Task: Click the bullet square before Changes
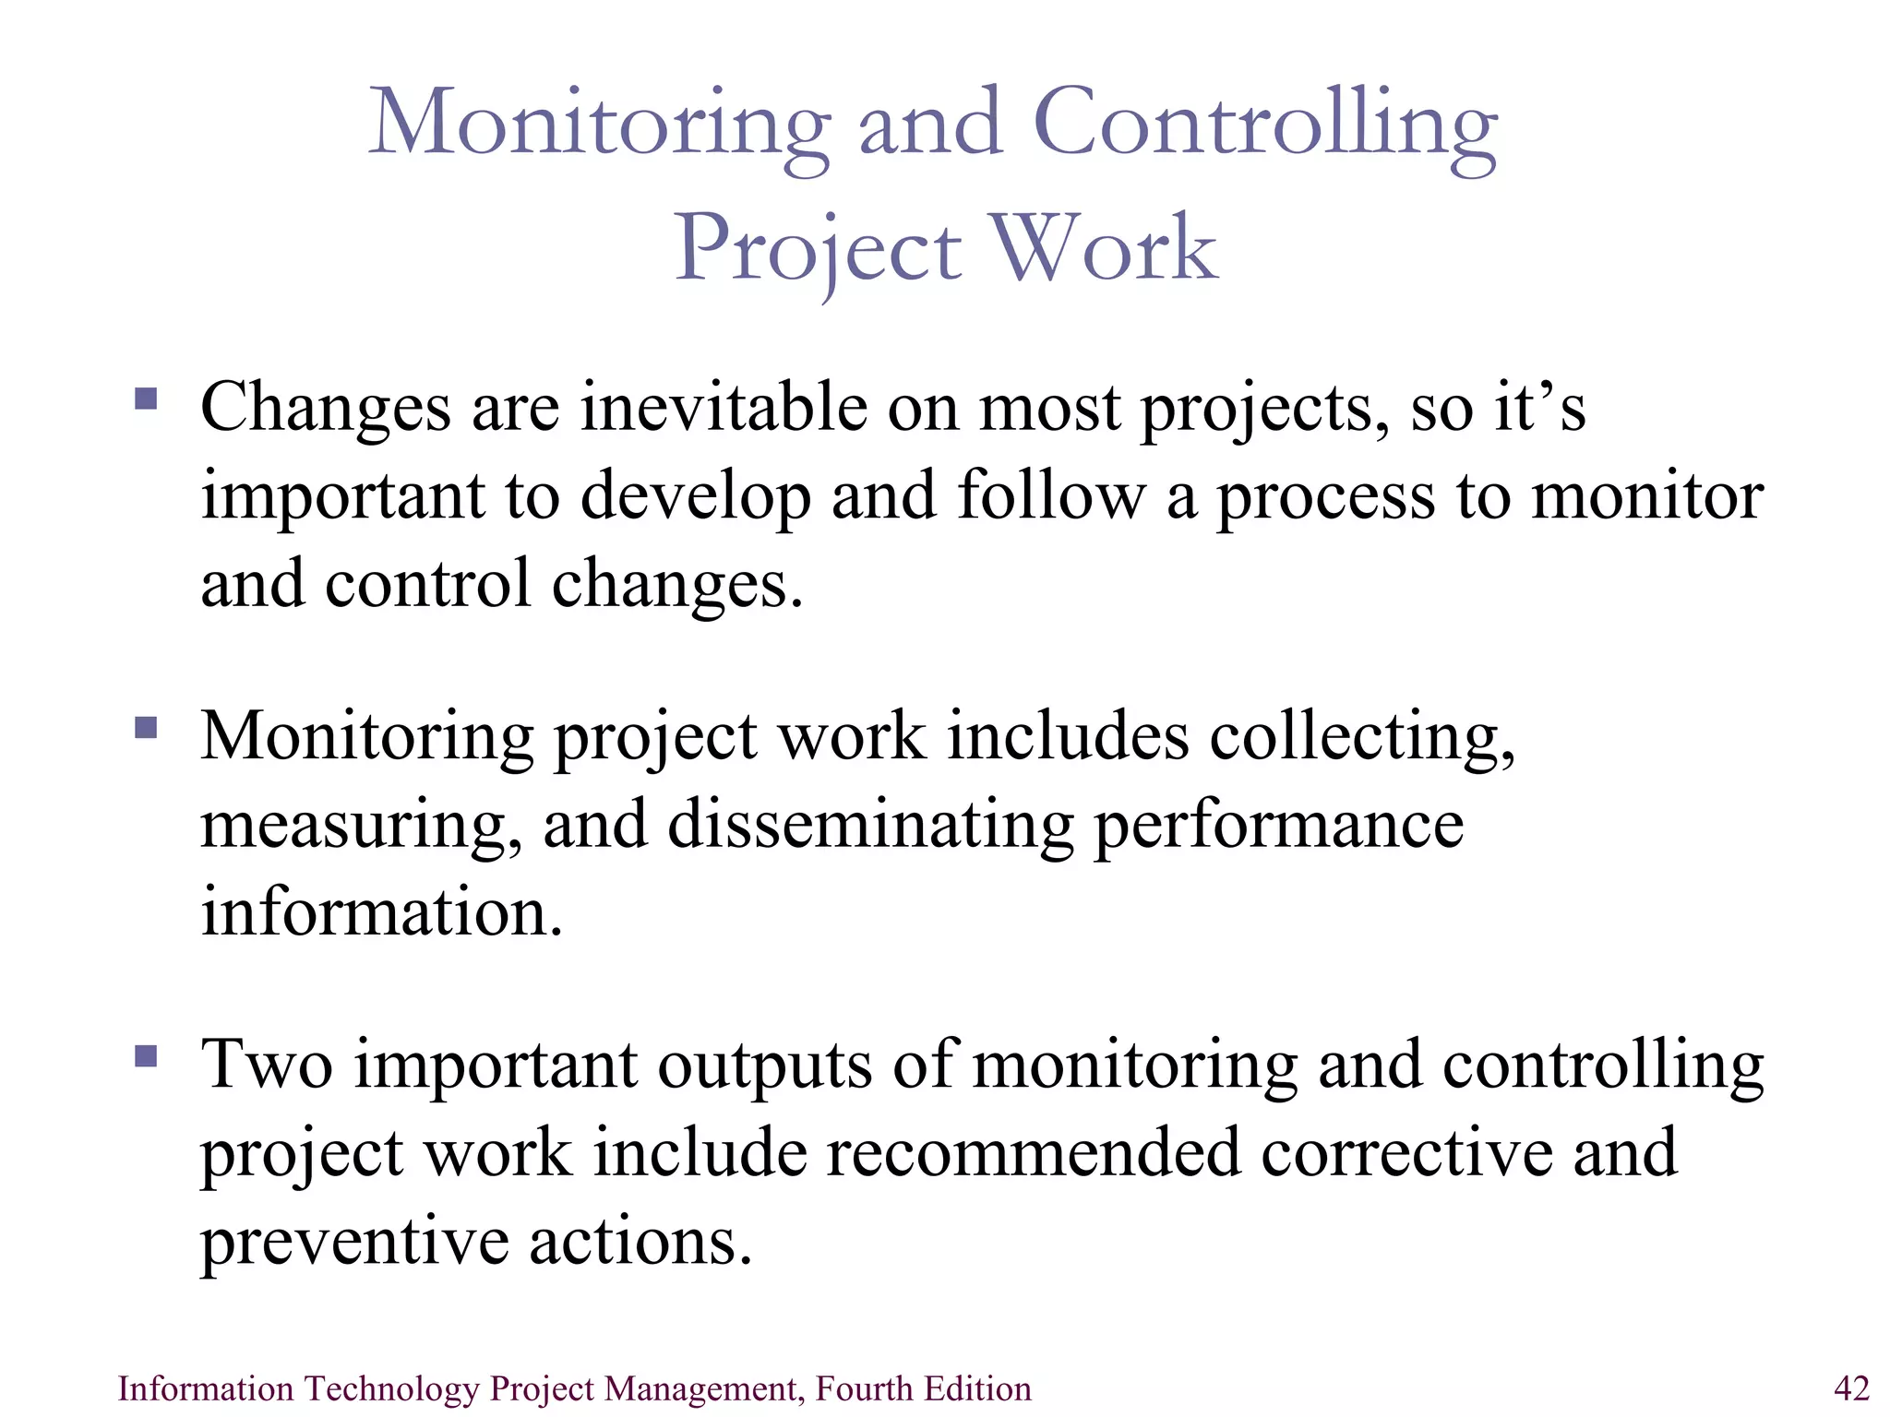[x=146, y=399]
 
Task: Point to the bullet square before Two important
[x=146, y=1055]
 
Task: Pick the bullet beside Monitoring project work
[x=146, y=728]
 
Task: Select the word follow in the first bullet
[x=1050, y=496]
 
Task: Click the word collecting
[x=1361, y=738]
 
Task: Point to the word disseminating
[x=869, y=824]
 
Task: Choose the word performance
[x=1278, y=826]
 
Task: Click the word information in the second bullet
[x=381, y=912]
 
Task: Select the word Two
[x=267, y=1065]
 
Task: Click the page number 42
[x=1851, y=1388]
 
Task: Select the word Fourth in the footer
[x=864, y=1388]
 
